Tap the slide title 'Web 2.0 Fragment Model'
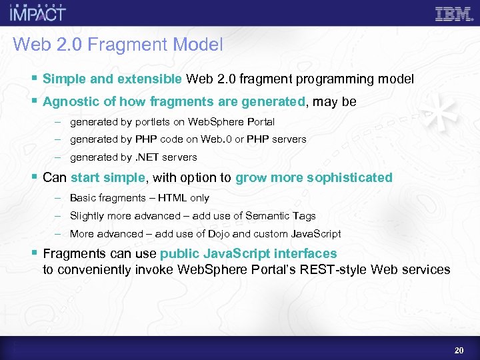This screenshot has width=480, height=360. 117,45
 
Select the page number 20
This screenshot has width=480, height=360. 459,350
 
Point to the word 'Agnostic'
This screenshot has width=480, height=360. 67,102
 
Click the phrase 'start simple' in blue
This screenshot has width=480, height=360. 107,177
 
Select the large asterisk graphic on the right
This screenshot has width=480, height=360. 444,110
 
